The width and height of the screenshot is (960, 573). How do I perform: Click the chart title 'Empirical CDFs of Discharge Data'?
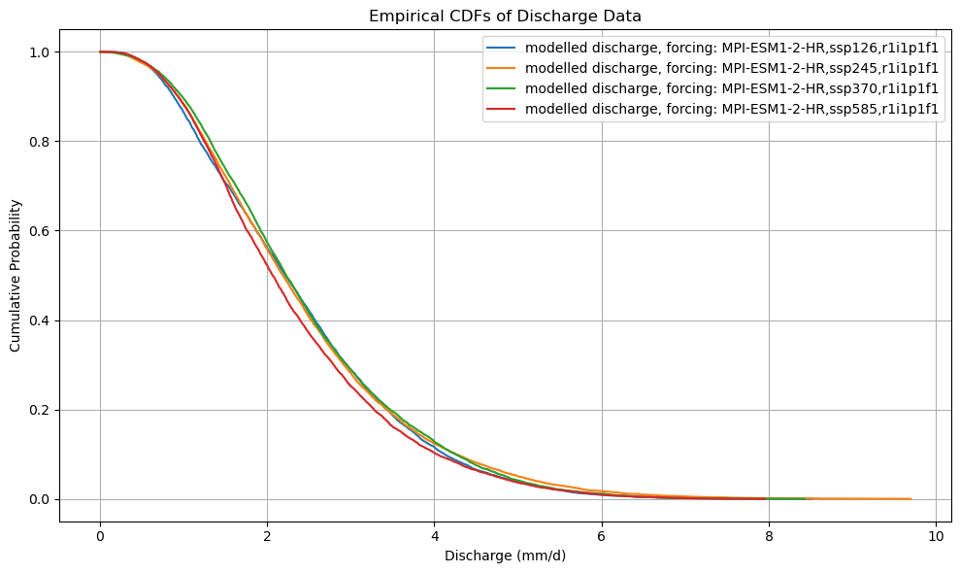tap(505, 16)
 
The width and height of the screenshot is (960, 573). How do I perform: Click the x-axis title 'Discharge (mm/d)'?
tap(505, 556)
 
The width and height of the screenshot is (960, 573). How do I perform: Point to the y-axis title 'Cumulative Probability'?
tap(17, 276)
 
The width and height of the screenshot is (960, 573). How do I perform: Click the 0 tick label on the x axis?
tap(100, 537)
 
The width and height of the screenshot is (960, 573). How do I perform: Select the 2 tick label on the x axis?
tap(267, 537)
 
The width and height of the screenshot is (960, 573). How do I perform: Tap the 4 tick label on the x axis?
tap(435, 537)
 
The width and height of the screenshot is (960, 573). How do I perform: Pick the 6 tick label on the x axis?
tap(602, 537)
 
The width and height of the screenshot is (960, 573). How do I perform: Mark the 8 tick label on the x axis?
tap(769, 537)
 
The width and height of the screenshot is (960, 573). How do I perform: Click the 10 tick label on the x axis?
tap(936, 537)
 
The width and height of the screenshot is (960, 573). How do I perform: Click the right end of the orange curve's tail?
tap(910, 499)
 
